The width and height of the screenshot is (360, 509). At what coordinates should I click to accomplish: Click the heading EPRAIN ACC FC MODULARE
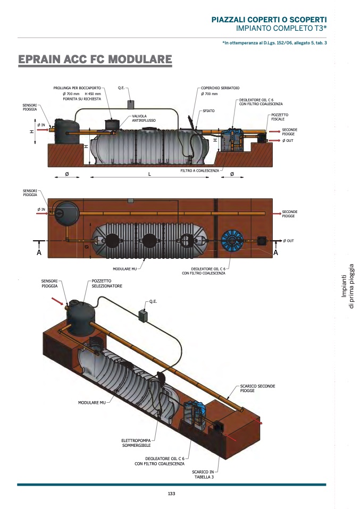click(95, 60)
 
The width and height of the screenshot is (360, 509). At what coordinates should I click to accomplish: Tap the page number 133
click(172, 494)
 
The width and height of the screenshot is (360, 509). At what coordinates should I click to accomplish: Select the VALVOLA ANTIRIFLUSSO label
click(144, 118)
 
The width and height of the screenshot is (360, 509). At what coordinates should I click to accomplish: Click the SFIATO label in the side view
click(208, 111)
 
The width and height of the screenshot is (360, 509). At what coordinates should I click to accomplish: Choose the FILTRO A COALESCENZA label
click(200, 171)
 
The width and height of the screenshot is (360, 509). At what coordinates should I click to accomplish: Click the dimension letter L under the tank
click(149, 174)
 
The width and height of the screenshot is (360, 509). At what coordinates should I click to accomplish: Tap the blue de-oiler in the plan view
click(232, 241)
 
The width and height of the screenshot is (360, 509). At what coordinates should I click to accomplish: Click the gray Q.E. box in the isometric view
click(143, 315)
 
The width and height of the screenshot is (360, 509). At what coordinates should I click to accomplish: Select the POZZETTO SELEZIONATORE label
click(107, 283)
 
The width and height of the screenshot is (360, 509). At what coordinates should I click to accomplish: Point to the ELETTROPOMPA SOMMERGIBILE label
click(137, 443)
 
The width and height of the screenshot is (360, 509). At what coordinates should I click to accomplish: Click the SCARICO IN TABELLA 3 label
click(203, 474)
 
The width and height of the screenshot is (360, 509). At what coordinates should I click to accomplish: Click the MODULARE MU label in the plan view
click(125, 269)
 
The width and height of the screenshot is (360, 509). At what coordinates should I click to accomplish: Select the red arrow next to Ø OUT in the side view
click(274, 141)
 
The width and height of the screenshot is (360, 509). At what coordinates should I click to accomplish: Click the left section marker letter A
click(39, 252)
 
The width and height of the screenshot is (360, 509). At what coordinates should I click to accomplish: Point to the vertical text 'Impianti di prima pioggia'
click(348, 286)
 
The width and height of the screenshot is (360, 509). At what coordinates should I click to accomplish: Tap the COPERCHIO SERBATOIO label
click(220, 88)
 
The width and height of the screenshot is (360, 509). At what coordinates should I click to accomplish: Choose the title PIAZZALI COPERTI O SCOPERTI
click(269, 20)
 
